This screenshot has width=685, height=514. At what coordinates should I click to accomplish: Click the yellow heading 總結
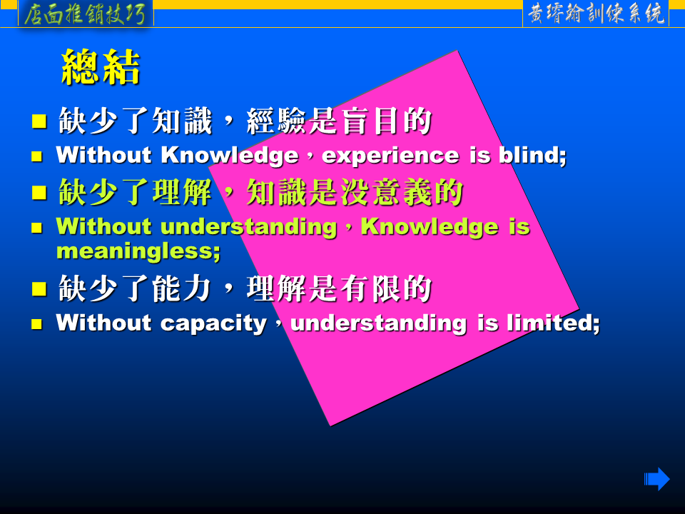point(101,67)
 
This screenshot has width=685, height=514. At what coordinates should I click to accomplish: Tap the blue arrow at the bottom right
point(656,479)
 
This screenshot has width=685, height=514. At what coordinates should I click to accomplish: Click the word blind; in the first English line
point(532,155)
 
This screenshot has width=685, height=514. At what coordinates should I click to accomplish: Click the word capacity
point(213,324)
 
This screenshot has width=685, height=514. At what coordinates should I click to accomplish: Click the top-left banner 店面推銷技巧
point(85,14)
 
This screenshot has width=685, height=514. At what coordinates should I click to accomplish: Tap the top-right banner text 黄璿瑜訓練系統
point(596,14)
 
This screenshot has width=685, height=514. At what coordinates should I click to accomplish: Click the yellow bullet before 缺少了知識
point(39,121)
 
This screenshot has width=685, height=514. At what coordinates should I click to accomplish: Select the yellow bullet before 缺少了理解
point(39,192)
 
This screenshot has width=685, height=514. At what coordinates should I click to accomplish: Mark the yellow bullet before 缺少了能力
point(39,289)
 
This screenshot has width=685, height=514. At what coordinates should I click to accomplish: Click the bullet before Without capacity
point(36,324)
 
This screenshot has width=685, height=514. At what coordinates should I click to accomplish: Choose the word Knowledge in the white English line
point(230,156)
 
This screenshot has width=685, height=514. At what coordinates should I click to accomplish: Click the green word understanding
point(249,227)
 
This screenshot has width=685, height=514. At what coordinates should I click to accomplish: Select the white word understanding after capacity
point(379,324)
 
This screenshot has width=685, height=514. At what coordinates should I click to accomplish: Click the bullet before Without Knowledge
point(36,156)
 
